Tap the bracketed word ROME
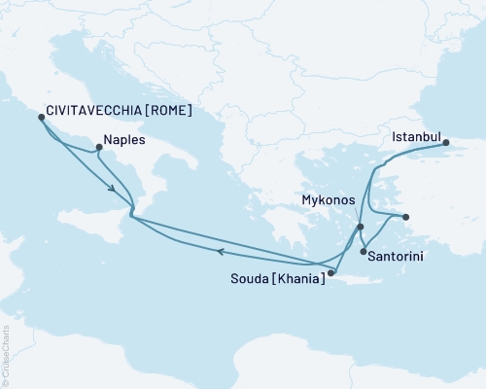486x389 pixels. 167,111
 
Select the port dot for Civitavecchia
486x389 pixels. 41,117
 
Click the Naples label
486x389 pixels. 123,140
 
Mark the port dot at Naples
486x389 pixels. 97,149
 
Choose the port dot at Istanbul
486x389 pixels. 447,144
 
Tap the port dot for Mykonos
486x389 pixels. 361,227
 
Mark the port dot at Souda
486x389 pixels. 330,273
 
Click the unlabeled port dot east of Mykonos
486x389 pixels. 406,217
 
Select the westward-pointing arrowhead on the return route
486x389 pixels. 222,252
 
